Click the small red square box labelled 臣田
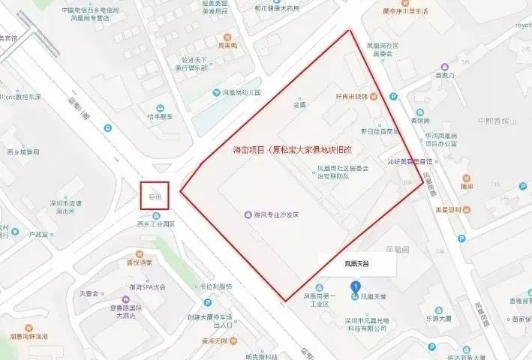(x=155, y=196)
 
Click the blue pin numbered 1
(x=355, y=286)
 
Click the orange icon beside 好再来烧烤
(x=373, y=97)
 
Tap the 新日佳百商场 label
(x=380, y=130)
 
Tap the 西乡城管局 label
(x=24, y=152)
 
